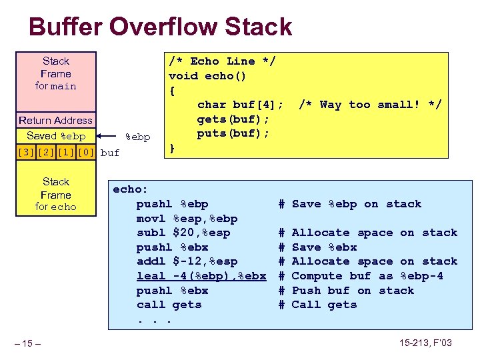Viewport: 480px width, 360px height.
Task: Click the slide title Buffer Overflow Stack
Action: coord(160,27)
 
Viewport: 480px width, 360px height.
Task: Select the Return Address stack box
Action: coord(56,121)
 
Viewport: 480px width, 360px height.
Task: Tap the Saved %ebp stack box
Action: coord(56,136)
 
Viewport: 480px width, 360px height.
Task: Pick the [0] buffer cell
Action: coord(85,153)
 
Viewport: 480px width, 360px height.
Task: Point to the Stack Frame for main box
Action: coord(56,73)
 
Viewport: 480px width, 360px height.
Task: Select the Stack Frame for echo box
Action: coord(56,194)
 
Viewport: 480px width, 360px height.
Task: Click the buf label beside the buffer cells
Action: coord(110,153)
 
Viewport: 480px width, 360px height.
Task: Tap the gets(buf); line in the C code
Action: coord(233,119)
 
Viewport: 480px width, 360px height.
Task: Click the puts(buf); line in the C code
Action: coord(233,133)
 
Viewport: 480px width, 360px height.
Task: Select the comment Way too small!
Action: coord(370,105)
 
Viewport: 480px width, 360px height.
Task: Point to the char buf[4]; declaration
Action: coord(240,105)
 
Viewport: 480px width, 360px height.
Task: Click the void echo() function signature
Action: coord(207,76)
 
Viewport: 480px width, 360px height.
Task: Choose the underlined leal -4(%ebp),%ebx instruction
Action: coord(201,276)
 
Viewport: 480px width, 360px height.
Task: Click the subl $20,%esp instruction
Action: coord(183,233)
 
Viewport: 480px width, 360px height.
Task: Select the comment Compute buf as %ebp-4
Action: coord(367,276)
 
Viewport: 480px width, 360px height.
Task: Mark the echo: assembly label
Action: coord(131,189)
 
